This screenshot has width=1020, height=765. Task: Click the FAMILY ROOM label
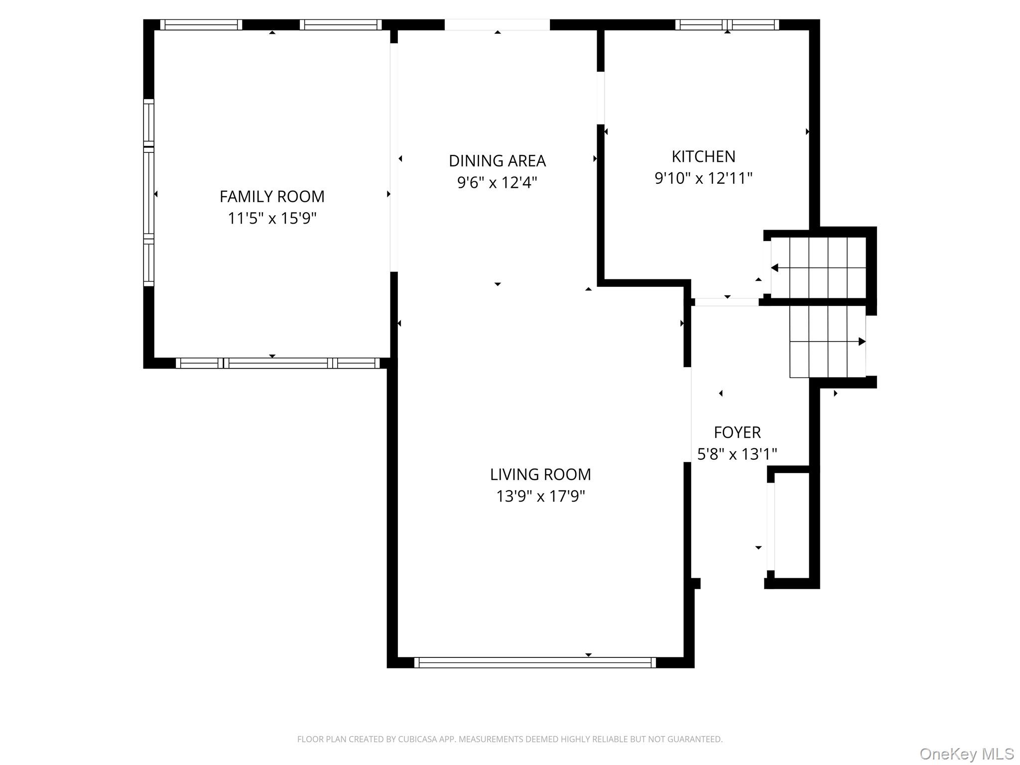coord(272,197)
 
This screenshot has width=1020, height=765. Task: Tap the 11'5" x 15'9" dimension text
coord(272,219)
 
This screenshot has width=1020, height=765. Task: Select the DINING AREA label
coord(497,161)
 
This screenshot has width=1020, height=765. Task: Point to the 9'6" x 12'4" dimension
coord(497,183)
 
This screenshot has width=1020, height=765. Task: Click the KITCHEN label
coord(703,157)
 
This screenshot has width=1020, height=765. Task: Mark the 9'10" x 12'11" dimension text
coord(703,178)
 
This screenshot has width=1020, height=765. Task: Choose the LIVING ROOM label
coord(540,475)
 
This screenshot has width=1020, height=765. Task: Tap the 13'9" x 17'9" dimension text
coord(540,497)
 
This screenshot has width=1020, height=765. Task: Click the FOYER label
coord(737,433)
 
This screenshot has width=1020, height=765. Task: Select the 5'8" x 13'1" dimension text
coord(737,454)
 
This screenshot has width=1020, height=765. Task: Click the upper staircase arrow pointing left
coord(775,268)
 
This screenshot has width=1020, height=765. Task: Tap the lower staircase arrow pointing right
coord(862,342)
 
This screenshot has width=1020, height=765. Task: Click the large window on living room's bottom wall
coord(535,662)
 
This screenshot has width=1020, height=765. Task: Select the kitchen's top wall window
coord(727,25)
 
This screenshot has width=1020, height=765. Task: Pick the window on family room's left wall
coord(148,193)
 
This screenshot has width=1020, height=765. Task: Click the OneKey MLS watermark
coord(966,754)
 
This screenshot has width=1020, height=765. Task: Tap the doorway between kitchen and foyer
coord(727,302)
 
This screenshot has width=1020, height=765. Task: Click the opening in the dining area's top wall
coord(497,25)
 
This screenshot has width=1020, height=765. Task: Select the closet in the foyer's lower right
coord(792,525)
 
